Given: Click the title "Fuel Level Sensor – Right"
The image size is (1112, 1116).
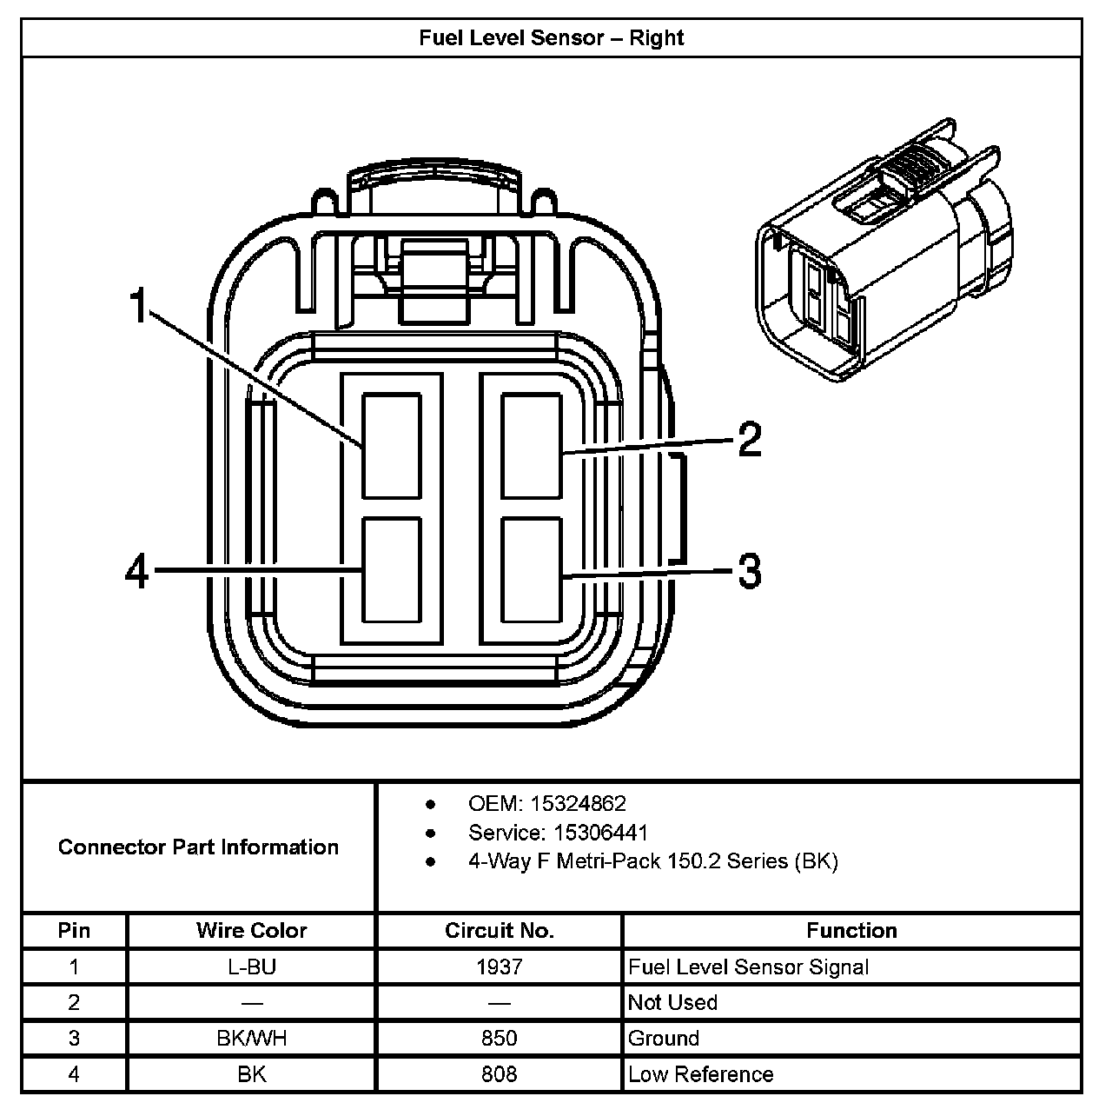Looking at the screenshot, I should [552, 38].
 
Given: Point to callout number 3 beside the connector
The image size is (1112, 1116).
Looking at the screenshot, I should [750, 571].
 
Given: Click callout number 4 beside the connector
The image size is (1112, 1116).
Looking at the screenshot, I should [138, 572].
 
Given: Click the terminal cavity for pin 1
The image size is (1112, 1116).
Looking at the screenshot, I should [391, 445].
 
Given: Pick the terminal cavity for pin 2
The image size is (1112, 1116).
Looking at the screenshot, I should [531, 445].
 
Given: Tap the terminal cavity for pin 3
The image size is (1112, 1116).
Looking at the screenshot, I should [531, 569].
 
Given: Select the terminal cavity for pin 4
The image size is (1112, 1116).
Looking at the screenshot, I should [391, 569].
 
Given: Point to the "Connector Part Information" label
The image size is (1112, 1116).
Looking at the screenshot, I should [198, 847].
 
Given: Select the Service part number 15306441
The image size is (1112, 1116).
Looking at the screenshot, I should [600, 833].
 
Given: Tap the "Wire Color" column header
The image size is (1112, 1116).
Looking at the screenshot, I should [251, 931].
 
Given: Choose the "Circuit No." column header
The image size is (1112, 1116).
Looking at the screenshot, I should [499, 931].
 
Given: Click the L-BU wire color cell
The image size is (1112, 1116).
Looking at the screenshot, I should [251, 967].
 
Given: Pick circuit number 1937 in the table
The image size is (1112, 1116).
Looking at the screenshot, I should [499, 967].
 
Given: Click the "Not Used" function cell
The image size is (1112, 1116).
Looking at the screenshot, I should [672, 1002].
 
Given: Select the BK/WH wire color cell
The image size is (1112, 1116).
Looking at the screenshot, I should [251, 1038].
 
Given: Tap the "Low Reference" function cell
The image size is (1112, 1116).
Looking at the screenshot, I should [700, 1074].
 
